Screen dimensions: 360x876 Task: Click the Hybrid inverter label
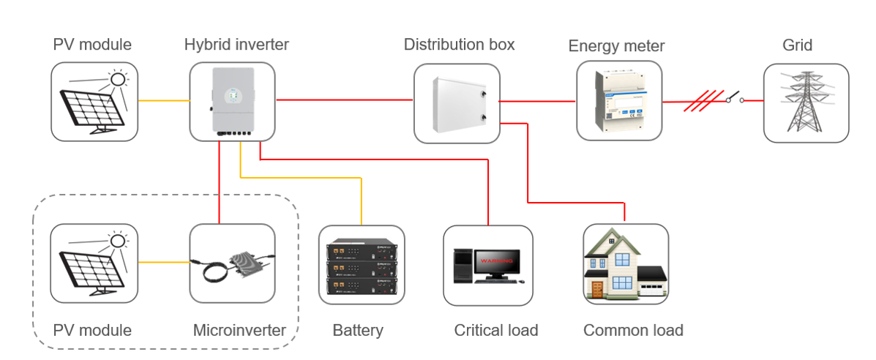click(236, 45)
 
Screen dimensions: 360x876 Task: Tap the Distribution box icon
click(457, 103)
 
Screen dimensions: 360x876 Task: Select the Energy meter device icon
click(619, 100)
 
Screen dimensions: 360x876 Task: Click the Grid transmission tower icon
click(806, 103)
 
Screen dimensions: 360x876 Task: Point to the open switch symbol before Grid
click(734, 97)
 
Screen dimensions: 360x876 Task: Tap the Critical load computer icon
click(487, 265)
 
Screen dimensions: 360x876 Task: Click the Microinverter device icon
click(233, 263)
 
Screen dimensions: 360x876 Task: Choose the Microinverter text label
click(239, 330)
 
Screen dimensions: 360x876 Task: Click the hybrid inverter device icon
click(233, 101)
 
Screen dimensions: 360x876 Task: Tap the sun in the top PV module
click(116, 78)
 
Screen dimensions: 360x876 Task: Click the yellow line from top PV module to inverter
click(163, 101)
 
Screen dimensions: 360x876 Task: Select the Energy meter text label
click(616, 46)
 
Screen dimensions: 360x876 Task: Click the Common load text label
click(633, 330)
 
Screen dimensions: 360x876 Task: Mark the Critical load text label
click(495, 330)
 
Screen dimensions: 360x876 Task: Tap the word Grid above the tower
click(797, 45)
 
